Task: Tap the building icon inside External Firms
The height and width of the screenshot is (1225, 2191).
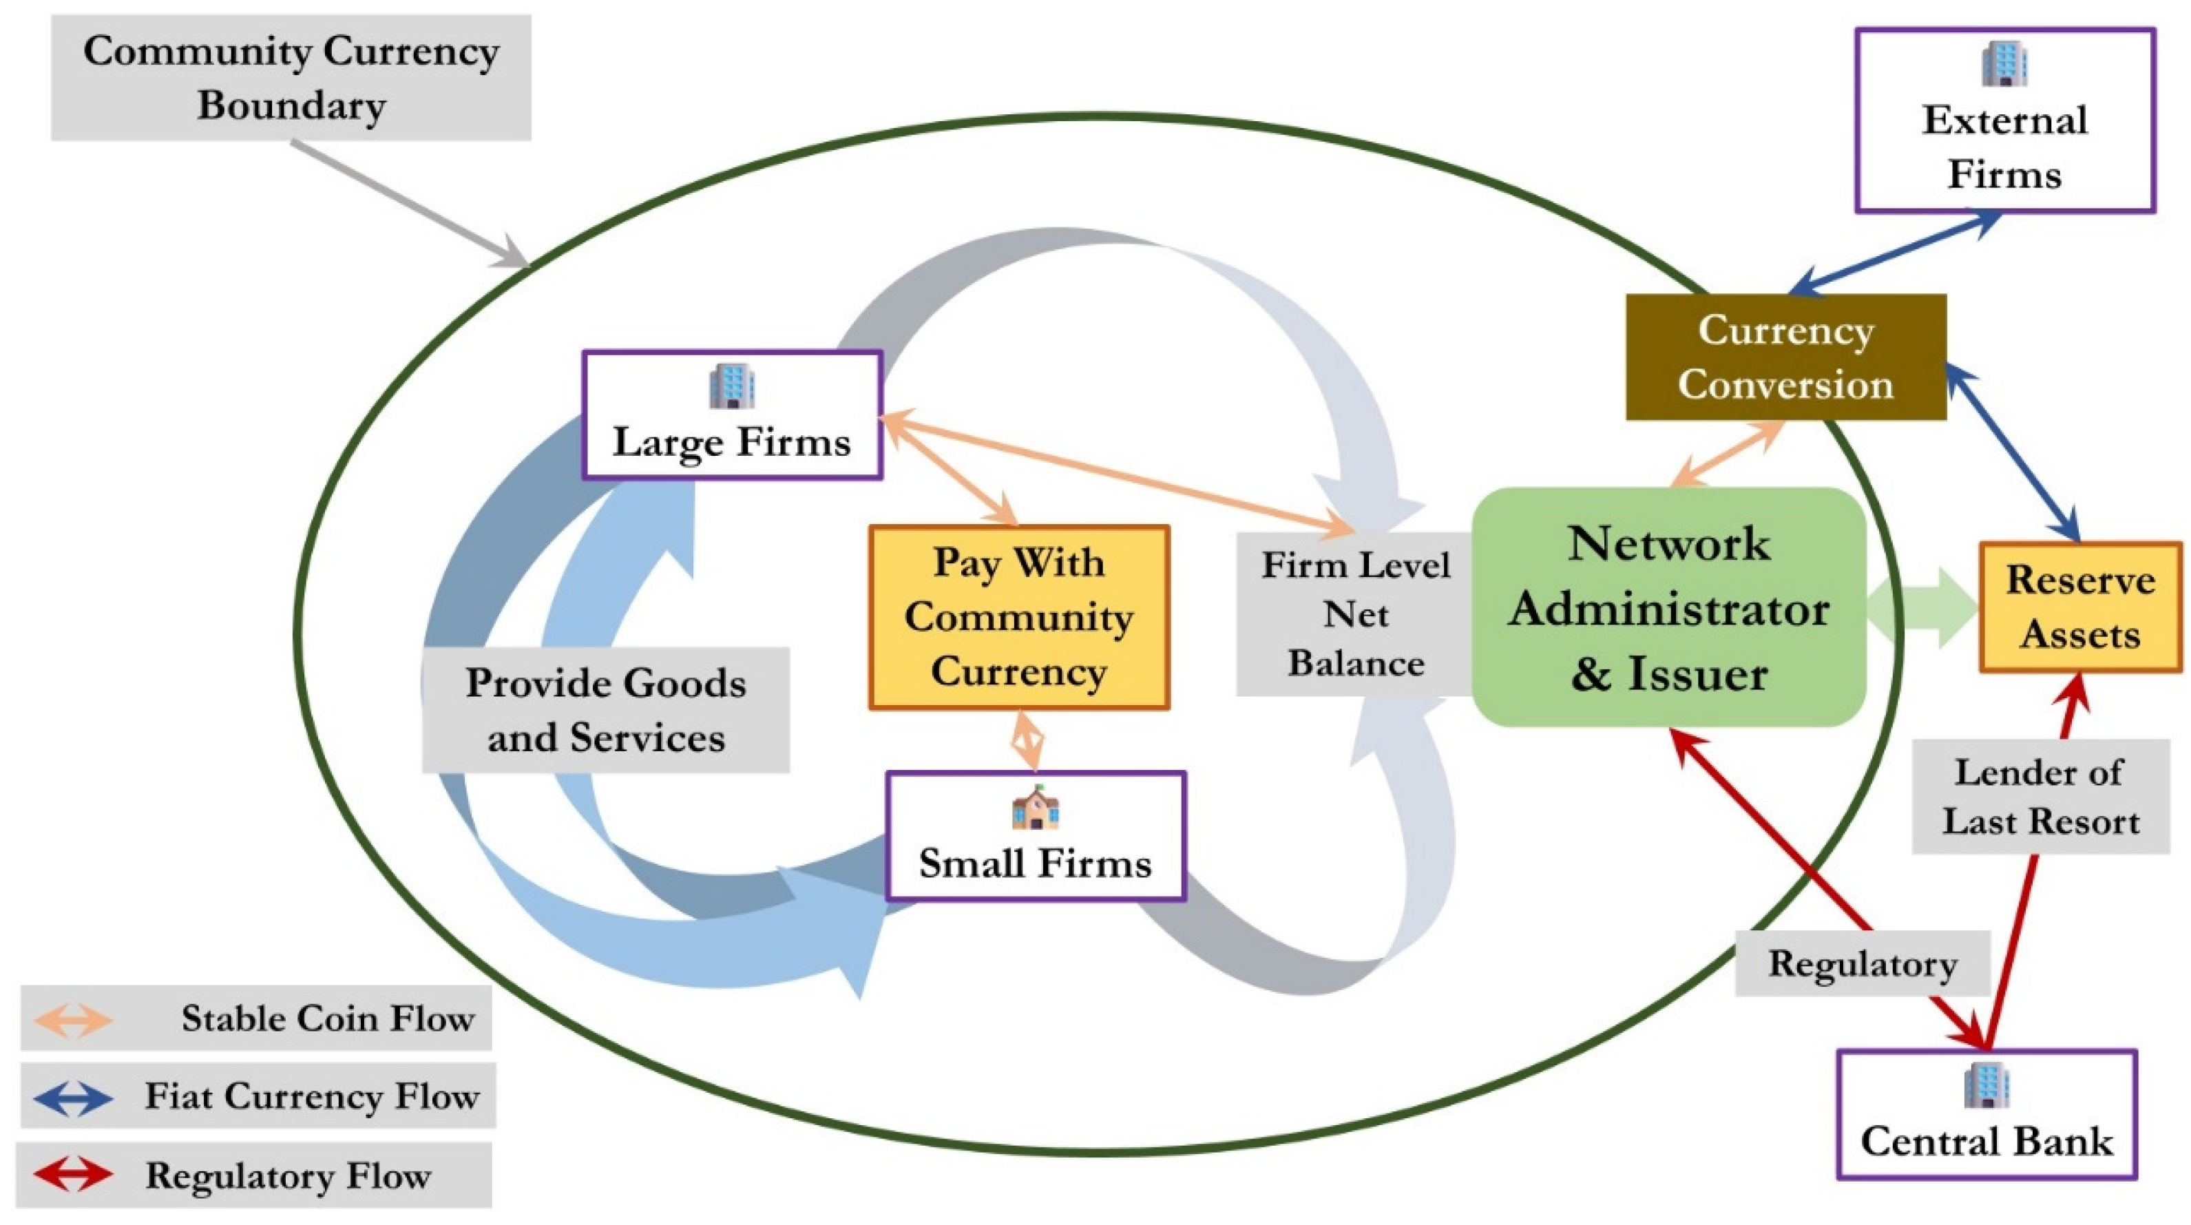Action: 2004,64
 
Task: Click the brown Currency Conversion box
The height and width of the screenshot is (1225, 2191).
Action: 1785,357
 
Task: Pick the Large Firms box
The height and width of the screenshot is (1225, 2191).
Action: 731,416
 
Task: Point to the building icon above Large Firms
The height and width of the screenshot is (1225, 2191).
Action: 731,386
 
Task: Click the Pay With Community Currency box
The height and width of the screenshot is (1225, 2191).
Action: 1019,618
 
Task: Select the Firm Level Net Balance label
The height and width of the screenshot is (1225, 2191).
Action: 1355,614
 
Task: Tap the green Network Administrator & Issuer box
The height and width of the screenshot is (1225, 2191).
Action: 1669,607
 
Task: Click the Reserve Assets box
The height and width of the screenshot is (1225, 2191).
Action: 2079,607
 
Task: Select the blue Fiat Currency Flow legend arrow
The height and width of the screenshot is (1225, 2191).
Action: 73,1098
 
